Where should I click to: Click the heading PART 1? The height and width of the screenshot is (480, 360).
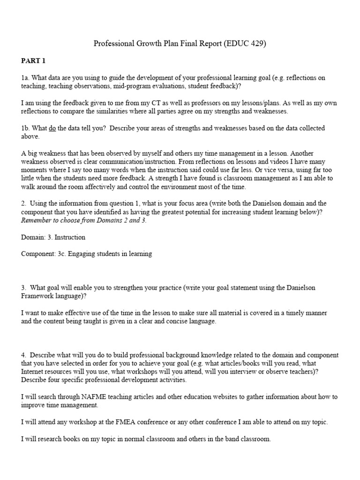33,61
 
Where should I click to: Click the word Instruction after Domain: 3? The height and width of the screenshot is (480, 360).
70,237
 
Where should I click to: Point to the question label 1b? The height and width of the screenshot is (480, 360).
25,128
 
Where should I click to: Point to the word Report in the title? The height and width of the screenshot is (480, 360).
210,45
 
